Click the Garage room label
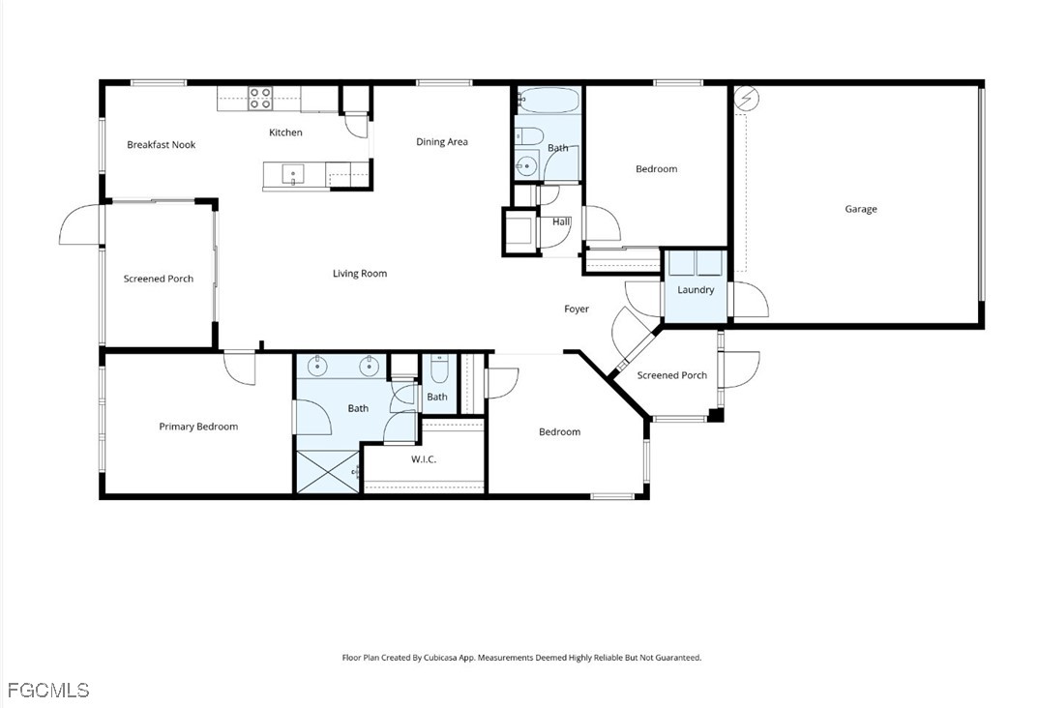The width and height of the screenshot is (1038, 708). [x=861, y=209]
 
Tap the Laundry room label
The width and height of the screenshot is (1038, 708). [x=696, y=290]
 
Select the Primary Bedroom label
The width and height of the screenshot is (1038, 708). [x=198, y=427]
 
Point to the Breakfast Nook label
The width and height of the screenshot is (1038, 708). [x=161, y=145]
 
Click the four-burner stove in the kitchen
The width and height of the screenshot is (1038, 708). [x=259, y=98]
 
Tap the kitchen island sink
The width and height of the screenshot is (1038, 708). [x=293, y=175]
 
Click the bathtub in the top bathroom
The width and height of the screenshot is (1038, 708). [x=549, y=101]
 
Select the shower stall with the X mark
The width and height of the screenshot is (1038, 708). [x=328, y=471]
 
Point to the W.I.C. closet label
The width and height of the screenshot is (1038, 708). [x=424, y=459]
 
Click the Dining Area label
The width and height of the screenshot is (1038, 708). [x=441, y=141]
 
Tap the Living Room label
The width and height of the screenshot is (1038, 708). [x=360, y=274]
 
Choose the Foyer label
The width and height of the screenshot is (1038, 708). [x=576, y=309]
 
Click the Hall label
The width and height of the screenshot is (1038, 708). [x=561, y=221]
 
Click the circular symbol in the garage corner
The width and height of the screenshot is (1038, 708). [x=746, y=99]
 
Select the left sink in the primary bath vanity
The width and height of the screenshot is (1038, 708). [x=318, y=365]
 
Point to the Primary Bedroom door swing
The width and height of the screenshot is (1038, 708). [x=239, y=368]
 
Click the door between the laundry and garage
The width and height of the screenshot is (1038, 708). [x=750, y=300]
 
